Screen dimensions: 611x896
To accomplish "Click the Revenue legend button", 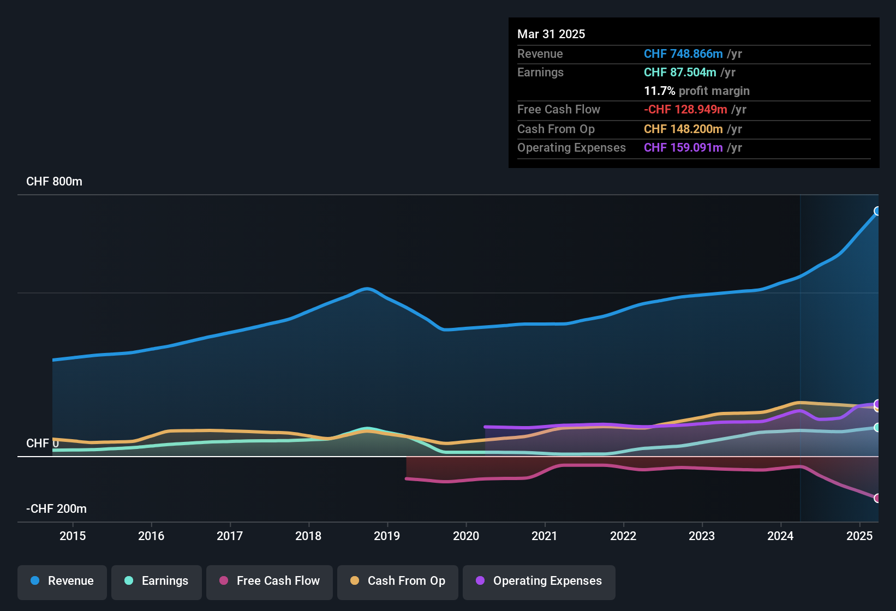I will pyautogui.click(x=62, y=581).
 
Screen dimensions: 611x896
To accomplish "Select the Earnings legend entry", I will pyautogui.click(x=157, y=581).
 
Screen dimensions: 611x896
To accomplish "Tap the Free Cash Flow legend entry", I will pyautogui.click(x=270, y=581).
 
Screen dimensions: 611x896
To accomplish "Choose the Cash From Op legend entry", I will pyautogui.click(x=398, y=581).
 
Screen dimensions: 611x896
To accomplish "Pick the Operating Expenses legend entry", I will pyautogui.click(x=539, y=581).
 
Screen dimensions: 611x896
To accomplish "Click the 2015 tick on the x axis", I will pyautogui.click(x=73, y=536).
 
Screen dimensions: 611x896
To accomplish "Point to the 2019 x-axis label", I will pyautogui.click(x=387, y=536).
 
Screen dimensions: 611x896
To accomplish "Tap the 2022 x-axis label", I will pyautogui.click(x=623, y=536).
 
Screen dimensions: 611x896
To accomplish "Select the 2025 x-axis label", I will pyautogui.click(x=859, y=536).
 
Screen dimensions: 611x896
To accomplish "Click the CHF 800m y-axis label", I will pyautogui.click(x=54, y=182).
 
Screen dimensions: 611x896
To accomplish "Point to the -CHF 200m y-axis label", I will pyautogui.click(x=56, y=509).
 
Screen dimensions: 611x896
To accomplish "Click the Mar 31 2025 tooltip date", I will pyautogui.click(x=551, y=34).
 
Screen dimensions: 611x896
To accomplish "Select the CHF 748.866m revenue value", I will pyautogui.click(x=683, y=54).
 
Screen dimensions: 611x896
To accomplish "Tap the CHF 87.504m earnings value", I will pyautogui.click(x=680, y=73).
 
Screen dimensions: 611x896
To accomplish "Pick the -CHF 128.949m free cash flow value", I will pyautogui.click(x=685, y=110).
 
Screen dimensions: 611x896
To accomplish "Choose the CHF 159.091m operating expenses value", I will pyautogui.click(x=683, y=148).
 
